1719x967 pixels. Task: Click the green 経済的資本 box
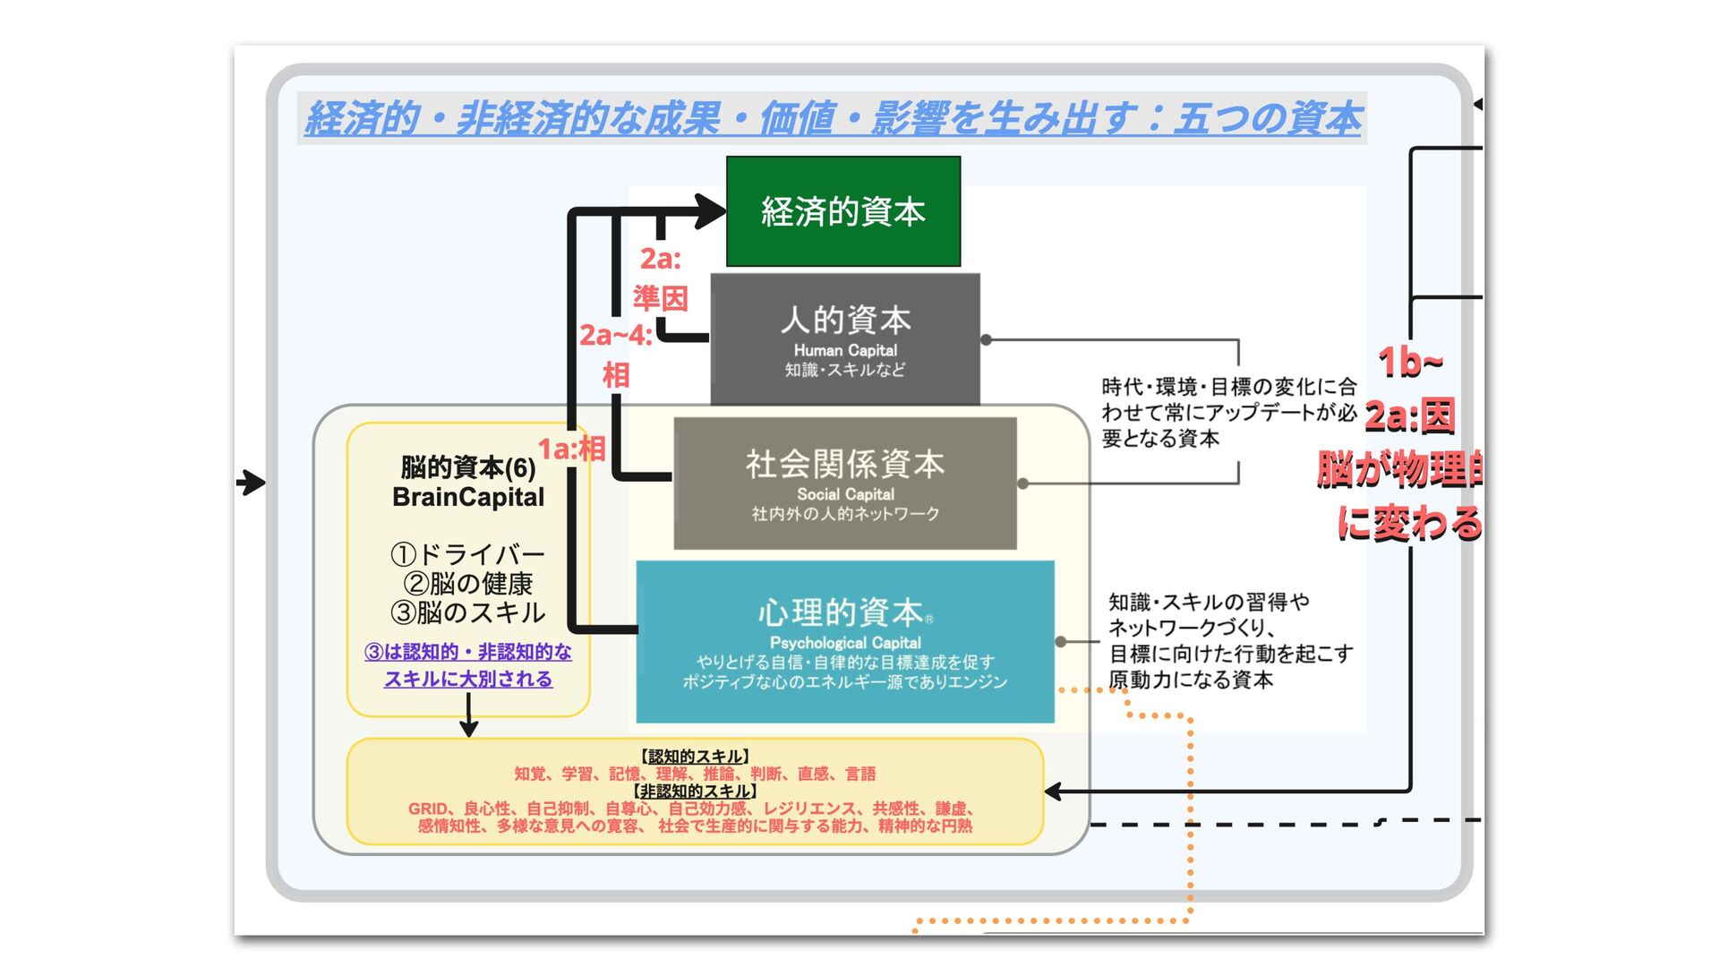(842, 211)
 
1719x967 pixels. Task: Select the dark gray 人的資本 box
(844, 339)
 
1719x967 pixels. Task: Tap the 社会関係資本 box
(844, 483)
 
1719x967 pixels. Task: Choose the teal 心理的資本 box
(844, 641)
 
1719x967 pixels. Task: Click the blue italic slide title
(832, 118)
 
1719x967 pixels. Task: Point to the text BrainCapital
(467, 498)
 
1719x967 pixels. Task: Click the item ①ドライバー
(467, 554)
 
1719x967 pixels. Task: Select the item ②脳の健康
(467, 584)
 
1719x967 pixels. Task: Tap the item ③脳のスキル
(467, 613)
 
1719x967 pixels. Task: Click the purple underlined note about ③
(467, 665)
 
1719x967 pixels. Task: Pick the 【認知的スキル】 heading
(695, 757)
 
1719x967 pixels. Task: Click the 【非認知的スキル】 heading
(695, 792)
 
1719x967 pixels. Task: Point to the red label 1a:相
(571, 449)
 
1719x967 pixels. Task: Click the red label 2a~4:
(615, 336)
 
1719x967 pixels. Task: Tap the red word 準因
(661, 297)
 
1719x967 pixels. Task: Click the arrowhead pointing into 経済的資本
(713, 211)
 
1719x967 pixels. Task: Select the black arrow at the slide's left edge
(252, 483)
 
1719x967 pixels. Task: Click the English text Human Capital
(844, 350)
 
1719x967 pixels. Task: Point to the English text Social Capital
(845, 494)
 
